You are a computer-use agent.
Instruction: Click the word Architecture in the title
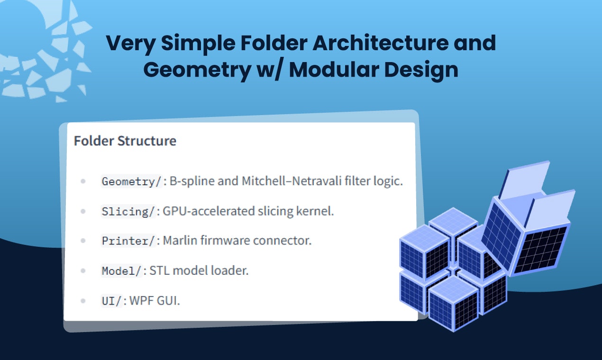click(381, 43)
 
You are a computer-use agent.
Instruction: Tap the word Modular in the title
click(334, 70)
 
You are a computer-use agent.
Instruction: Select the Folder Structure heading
click(125, 141)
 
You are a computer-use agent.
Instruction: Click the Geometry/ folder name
click(131, 181)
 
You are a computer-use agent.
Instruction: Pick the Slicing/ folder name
click(128, 211)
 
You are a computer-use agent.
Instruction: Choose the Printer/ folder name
click(128, 241)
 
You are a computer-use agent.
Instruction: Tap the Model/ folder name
click(121, 271)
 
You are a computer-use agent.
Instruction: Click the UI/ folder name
click(111, 301)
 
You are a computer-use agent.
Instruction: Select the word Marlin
click(180, 241)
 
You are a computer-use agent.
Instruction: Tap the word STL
click(160, 270)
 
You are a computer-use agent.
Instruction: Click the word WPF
click(141, 301)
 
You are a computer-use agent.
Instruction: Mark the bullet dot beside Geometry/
click(83, 181)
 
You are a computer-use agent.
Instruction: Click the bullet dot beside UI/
click(83, 301)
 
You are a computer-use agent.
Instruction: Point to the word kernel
click(315, 211)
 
